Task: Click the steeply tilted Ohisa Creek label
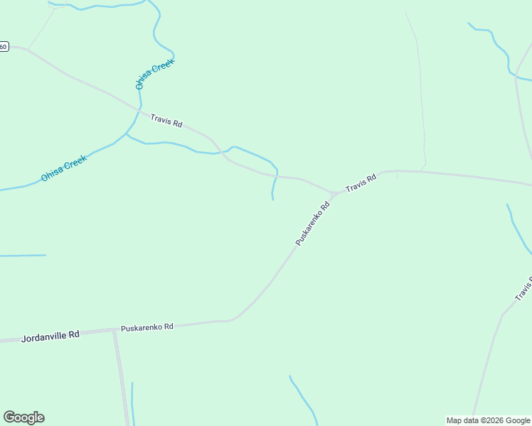[154, 73]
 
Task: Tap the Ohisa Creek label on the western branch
[63, 168]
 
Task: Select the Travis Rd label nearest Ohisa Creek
[166, 120]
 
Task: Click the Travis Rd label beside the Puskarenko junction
[361, 183]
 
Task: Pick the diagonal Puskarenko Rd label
[314, 224]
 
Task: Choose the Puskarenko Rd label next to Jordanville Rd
[147, 327]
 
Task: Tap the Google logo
[23, 417]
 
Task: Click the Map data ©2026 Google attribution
[488, 420]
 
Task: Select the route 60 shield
[4, 47]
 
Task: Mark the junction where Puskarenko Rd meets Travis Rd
[333, 194]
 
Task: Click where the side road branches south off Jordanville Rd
[115, 331]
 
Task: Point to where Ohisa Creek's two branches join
[127, 133]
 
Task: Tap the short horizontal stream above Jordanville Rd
[23, 255]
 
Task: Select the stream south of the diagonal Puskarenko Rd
[304, 400]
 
